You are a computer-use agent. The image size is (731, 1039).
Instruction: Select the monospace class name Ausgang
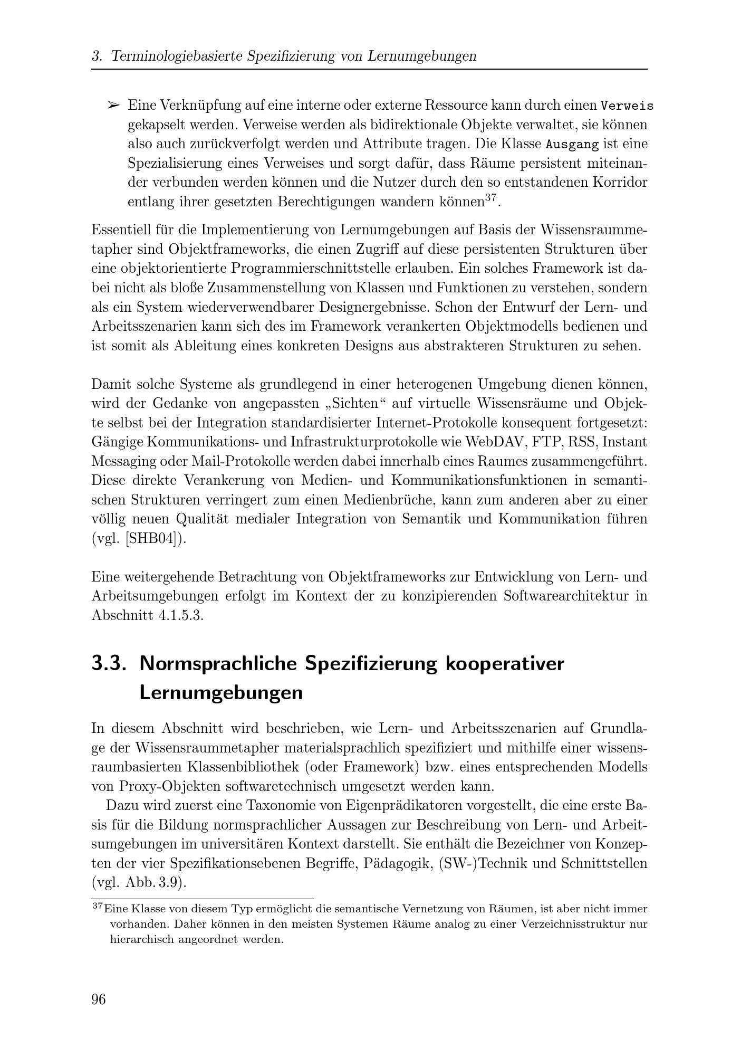pos(572,144)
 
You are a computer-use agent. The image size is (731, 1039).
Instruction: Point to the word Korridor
pos(620,183)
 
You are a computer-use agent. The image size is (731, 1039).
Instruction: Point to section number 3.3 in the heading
pos(109,663)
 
